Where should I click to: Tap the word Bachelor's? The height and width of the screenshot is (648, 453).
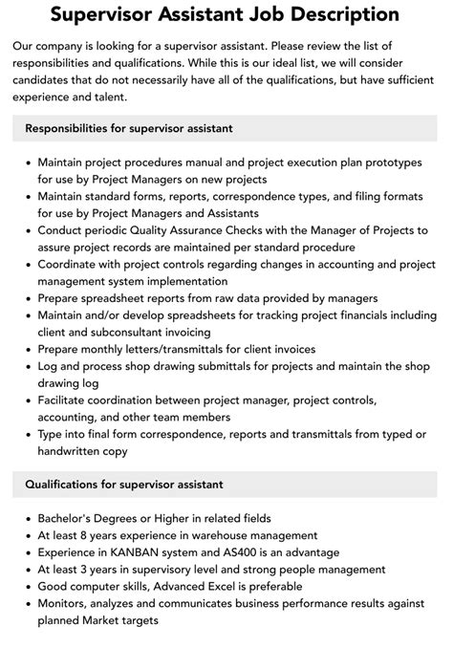coord(72,519)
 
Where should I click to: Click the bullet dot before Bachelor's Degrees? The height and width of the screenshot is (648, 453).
coord(27,519)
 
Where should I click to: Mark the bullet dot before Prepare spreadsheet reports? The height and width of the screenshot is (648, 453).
coord(27,297)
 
